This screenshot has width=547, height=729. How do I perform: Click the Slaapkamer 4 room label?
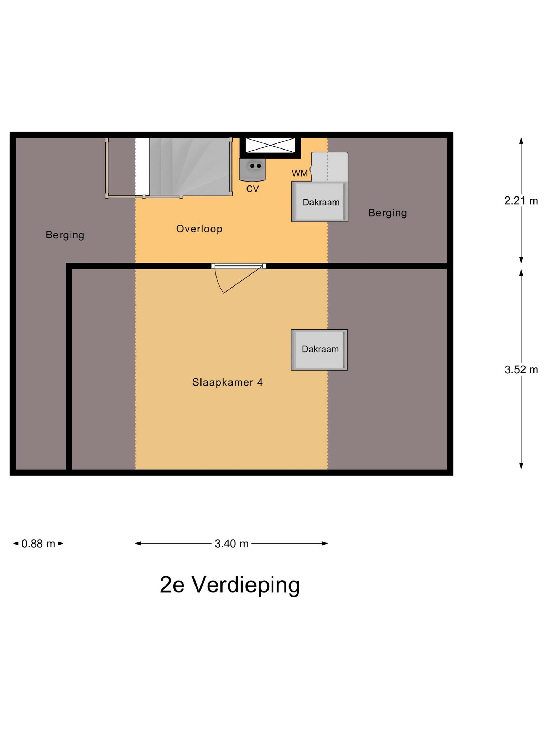228,382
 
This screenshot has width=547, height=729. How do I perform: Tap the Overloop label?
199,229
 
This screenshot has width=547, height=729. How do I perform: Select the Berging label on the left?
65,235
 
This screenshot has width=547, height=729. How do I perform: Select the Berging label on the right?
387,213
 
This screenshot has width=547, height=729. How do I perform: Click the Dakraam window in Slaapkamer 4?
319,350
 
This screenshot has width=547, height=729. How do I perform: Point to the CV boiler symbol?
252,169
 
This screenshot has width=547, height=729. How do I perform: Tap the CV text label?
252,189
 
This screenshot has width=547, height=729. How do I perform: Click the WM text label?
299,173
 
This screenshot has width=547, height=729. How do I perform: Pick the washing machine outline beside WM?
329,167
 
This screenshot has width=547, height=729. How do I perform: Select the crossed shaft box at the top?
270,146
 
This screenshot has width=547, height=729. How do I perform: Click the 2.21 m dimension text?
521,201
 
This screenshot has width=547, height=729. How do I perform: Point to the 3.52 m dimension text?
521,370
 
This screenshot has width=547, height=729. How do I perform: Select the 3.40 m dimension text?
231,544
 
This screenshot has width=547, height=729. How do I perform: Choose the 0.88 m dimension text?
38,544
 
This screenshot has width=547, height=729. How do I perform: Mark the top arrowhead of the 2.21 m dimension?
521,141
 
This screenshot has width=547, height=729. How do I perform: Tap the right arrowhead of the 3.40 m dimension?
325,543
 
